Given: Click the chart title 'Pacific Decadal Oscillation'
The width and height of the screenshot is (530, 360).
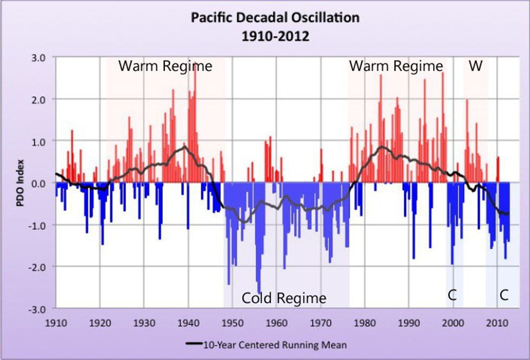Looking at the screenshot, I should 275,17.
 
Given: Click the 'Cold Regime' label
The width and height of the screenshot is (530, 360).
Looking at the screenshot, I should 284,298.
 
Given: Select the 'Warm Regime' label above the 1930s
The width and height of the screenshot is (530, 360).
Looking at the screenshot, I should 165,66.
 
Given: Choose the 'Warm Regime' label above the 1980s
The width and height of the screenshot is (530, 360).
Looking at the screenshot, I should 396,66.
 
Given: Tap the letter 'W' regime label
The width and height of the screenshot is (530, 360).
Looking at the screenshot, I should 475,66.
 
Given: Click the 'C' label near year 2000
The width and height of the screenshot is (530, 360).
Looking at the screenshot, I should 452,295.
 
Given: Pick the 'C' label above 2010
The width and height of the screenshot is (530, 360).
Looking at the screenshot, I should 504,295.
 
